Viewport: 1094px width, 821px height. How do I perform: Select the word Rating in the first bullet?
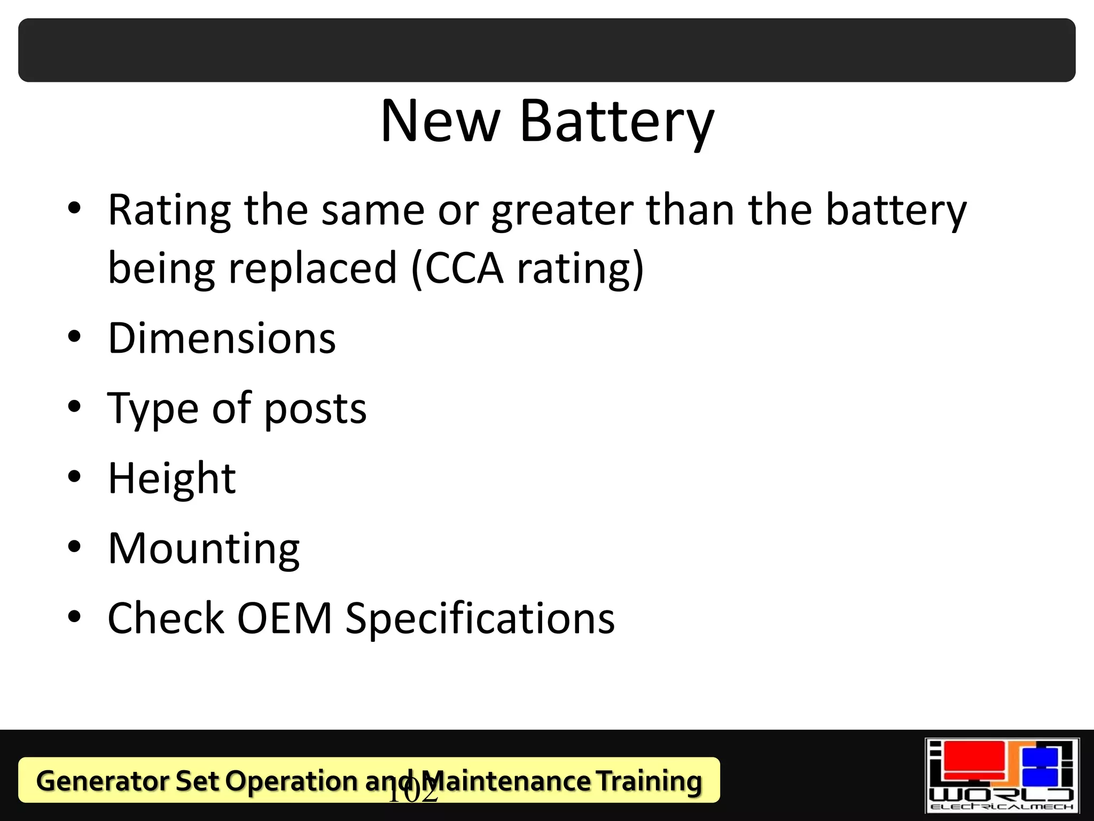tap(169, 211)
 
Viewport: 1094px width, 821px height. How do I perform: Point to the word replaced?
tap(312, 268)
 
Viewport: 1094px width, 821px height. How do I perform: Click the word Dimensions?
tap(222, 338)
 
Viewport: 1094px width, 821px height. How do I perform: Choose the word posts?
tap(315, 409)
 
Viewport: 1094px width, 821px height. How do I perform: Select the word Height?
tap(171, 478)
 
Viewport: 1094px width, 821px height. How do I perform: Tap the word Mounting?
tap(204, 549)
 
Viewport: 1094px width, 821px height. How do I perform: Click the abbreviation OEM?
tap(284, 618)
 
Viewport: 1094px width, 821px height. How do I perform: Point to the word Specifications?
tap(480, 618)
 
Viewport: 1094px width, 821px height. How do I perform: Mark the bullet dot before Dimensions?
tap(74, 337)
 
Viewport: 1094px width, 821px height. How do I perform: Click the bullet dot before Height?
tap(74, 477)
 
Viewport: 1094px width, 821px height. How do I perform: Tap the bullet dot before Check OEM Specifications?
tap(74, 616)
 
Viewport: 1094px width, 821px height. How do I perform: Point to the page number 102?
tap(412, 792)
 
